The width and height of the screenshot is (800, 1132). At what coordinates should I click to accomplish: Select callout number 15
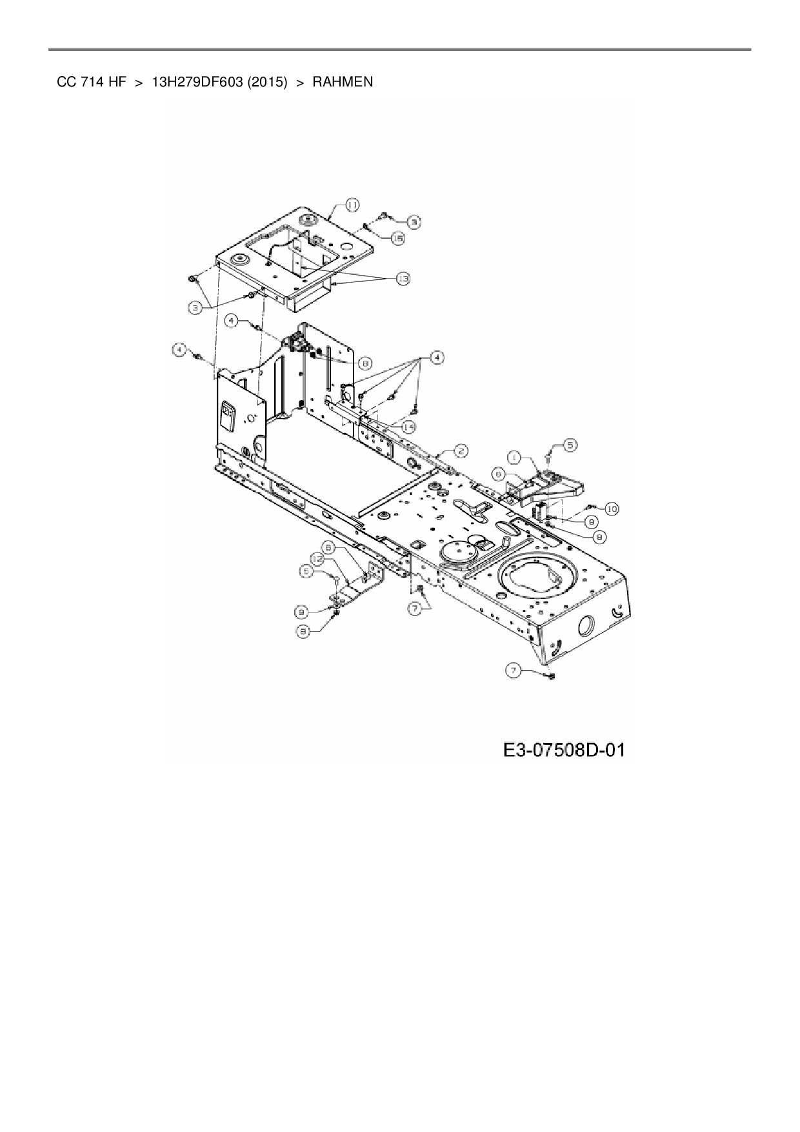[398, 238]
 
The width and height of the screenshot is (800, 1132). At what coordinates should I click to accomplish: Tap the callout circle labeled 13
[403, 278]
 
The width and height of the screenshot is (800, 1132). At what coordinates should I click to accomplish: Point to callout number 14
[408, 427]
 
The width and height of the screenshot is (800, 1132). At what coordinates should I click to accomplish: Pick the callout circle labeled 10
[611, 509]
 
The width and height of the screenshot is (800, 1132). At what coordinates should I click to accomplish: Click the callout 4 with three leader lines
[437, 357]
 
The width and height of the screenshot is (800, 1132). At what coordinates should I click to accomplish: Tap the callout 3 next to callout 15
[414, 221]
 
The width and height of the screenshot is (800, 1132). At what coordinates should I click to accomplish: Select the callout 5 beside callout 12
[307, 571]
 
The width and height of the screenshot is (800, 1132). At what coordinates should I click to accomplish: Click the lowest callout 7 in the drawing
[514, 671]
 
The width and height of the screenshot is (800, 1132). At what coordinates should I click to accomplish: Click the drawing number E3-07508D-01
[563, 750]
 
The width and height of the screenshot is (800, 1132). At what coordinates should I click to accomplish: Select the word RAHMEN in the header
[343, 83]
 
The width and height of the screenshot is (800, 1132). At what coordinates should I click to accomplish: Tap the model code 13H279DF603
[196, 83]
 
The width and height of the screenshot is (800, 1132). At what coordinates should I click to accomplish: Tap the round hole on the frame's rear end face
[587, 625]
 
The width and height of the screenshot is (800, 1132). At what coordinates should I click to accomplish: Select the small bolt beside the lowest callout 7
[550, 676]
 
